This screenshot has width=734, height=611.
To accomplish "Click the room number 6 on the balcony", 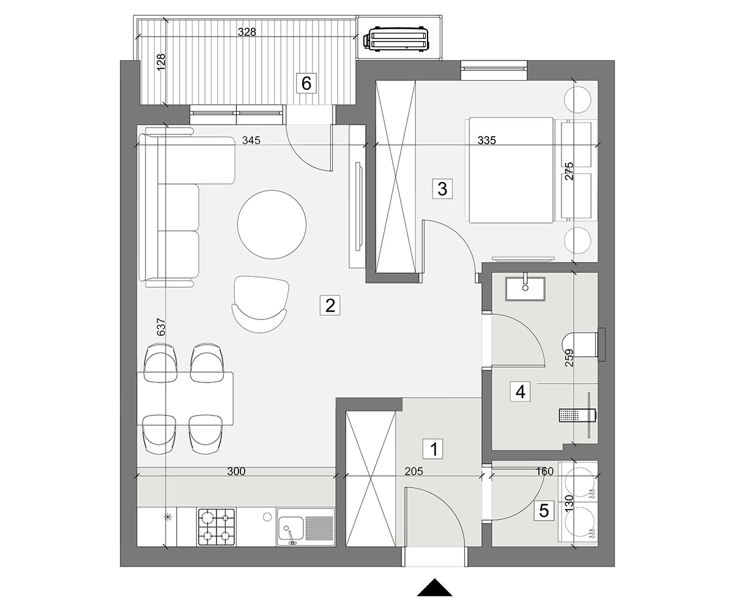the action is (306, 84).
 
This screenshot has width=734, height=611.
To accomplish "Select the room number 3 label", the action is (442, 189).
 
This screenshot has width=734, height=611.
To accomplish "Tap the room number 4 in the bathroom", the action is (521, 392).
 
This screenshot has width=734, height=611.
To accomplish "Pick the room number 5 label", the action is (544, 511).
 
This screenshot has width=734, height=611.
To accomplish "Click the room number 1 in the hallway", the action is (434, 448).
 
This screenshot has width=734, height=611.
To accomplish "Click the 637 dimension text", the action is (161, 327).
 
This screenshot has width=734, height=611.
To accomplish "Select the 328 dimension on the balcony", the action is (247, 32).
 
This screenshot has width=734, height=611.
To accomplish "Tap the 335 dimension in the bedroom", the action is (486, 141).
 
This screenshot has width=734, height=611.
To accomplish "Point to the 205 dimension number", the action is (413, 471).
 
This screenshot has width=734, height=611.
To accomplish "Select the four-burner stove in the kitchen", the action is (217, 527).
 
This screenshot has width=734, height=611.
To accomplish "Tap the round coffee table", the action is (272, 224).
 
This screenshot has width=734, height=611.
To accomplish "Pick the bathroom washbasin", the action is (525, 288).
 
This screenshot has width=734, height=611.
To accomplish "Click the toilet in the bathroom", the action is (580, 345).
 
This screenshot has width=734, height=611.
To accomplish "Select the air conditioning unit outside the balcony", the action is (396, 39).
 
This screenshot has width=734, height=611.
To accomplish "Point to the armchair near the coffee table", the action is (260, 304).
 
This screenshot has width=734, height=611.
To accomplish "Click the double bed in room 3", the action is (509, 170).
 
